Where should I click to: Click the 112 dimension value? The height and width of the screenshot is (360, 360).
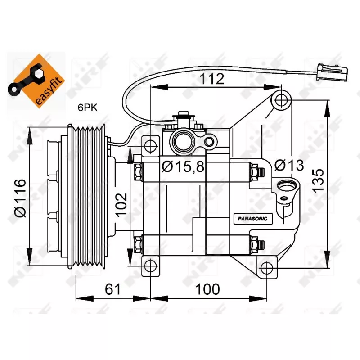point(212,79)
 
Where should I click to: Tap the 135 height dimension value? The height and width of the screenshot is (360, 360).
point(318,180)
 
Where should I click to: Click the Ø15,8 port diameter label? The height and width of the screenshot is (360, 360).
point(183,166)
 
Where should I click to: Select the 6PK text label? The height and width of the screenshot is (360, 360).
point(87,107)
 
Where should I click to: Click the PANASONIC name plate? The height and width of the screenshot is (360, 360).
point(253,219)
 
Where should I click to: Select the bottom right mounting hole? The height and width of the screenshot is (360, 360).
point(267,268)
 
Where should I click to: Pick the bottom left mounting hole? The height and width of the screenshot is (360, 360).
point(150,267)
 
